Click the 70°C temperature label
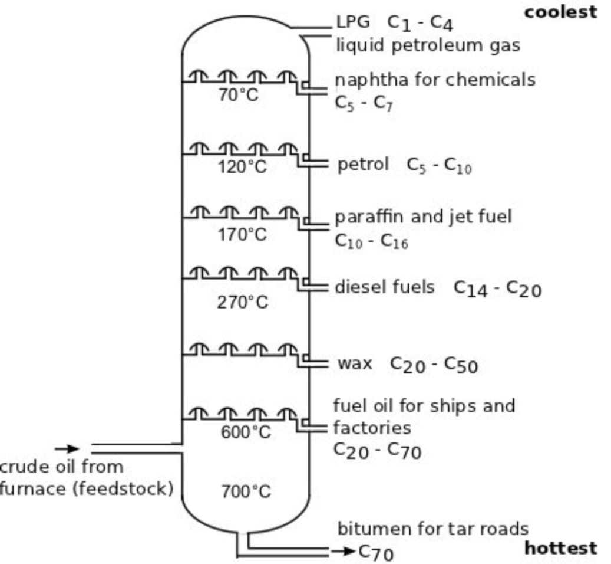(238, 95)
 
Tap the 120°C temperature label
(242, 167)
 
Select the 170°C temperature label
(242, 235)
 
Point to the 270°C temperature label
(242, 303)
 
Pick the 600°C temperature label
(246, 432)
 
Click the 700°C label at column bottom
(246, 491)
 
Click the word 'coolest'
(560, 12)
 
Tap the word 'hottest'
(560, 548)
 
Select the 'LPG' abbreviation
(354, 22)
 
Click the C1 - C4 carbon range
(420, 23)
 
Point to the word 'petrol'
(363, 164)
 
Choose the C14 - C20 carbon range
(497, 288)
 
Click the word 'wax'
(355, 363)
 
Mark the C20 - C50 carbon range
(434, 365)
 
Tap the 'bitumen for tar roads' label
(432, 529)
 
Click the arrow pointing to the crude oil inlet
(71, 449)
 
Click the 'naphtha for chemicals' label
(435, 80)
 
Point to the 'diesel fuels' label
(385, 287)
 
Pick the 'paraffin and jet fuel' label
(423, 217)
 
